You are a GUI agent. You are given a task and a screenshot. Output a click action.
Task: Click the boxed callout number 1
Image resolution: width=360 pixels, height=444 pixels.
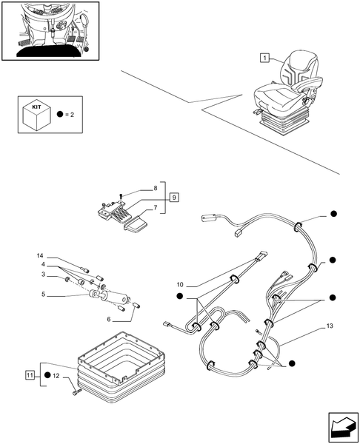(x=264, y=58)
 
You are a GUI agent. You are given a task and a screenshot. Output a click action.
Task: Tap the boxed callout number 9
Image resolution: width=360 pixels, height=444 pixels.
(x=174, y=197)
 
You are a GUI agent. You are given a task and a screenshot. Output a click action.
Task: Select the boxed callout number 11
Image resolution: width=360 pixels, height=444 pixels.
(x=30, y=375)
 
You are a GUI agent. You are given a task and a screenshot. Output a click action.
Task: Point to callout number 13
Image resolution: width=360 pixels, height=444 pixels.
(x=330, y=326)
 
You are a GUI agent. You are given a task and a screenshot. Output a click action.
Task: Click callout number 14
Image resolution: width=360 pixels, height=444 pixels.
(x=40, y=256)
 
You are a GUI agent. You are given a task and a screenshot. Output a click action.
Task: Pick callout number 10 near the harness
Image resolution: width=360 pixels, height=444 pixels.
(x=180, y=285)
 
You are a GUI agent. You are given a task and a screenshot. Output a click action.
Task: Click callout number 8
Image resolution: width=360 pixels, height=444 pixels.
(x=156, y=188)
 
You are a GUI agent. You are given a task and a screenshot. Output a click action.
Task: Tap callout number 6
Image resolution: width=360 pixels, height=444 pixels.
(x=109, y=320)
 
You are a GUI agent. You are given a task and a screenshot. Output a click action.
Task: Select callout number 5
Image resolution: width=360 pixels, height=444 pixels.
(x=43, y=295)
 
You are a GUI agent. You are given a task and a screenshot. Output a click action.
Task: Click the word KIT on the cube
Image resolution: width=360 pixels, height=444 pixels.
(x=36, y=107)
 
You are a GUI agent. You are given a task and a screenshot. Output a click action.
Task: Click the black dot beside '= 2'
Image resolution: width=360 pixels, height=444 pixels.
(x=60, y=115)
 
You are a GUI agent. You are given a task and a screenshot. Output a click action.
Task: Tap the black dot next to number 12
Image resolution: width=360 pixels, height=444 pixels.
(x=47, y=375)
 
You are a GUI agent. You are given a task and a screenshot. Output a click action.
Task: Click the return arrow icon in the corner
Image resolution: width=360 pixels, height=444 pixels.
(x=343, y=427)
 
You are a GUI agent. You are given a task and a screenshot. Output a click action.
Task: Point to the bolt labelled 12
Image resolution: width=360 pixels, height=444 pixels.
(x=77, y=392)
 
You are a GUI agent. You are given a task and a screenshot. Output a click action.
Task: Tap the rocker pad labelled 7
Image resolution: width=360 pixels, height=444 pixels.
(x=136, y=224)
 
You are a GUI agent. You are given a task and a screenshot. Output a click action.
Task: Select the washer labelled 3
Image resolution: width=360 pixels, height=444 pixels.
(x=67, y=280)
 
